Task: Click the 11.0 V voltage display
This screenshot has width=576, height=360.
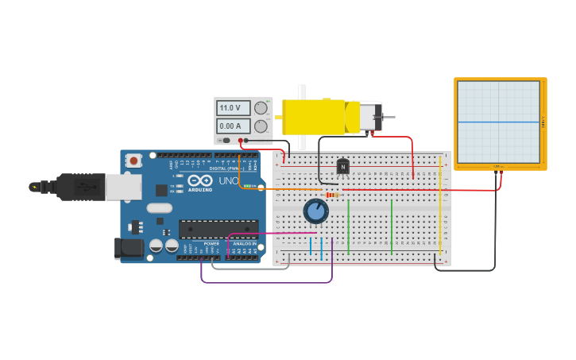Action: pyautogui.click(x=233, y=107)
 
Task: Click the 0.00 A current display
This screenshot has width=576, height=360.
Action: pyautogui.click(x=233, y=126)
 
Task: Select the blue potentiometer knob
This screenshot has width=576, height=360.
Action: pyautogui.click(x=316, y=211)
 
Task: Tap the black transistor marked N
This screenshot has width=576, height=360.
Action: pyautogui.click(x=342, y=166)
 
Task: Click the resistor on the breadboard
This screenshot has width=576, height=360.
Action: pyautogui.click(x=332, y=195)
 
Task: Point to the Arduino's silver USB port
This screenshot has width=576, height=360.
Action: pyautogui.click(x=124, y=187)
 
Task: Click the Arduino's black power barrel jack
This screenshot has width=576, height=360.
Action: pyautogui.click(x=129, y=248)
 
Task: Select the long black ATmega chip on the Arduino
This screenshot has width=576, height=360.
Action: pyautogui.click(x=218, y=230)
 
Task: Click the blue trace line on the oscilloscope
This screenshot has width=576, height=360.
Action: pyautogui.click(x=499, y=122)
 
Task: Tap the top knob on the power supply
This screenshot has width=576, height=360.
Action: pyautogui.click(x=261, y=107)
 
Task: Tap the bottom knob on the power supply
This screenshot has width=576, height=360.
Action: pyautogui.click(x=261, y=126)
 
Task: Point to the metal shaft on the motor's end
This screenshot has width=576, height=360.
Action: pyautogui.click(x=388, y=118)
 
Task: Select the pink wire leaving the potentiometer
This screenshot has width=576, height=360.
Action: pyautogui.click(x=270, y=234)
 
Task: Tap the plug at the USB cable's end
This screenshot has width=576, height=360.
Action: pyautogui.click(x=35, y=187)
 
